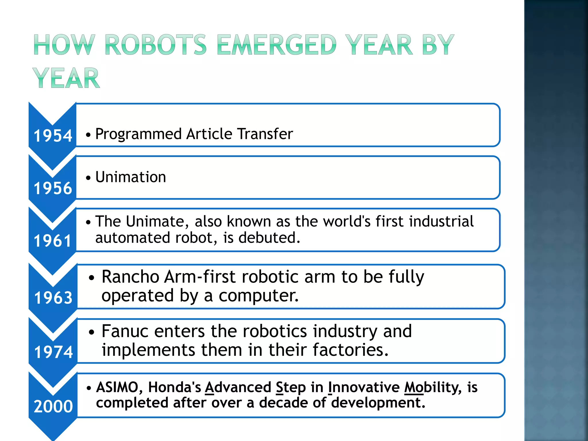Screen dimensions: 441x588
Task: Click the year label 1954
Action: [x=53, y=136]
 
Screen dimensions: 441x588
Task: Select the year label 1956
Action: [x=53, y=188]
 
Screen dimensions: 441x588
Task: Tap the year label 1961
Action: [x=52, y=241]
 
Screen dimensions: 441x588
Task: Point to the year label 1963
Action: [x=53, y=297]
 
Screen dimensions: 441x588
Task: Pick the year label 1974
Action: [x=53, y=352]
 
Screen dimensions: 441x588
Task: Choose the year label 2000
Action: [x=53, y=406]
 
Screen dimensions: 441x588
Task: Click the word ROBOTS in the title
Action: [x=156, y=45]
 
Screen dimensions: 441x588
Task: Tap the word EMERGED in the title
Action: [x=276, y=45]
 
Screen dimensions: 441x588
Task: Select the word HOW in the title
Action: [x=64, y=45]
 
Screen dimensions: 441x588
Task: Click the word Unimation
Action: [x=131, y=177]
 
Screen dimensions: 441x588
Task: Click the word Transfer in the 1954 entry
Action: [x=265, y=134]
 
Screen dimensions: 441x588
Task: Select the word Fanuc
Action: [x=125, y=331]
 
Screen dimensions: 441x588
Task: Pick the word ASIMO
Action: [x=117, y=387]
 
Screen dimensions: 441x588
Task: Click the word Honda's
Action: [x=175, y=387]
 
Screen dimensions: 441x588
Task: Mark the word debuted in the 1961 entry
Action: [x=269, y=238]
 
